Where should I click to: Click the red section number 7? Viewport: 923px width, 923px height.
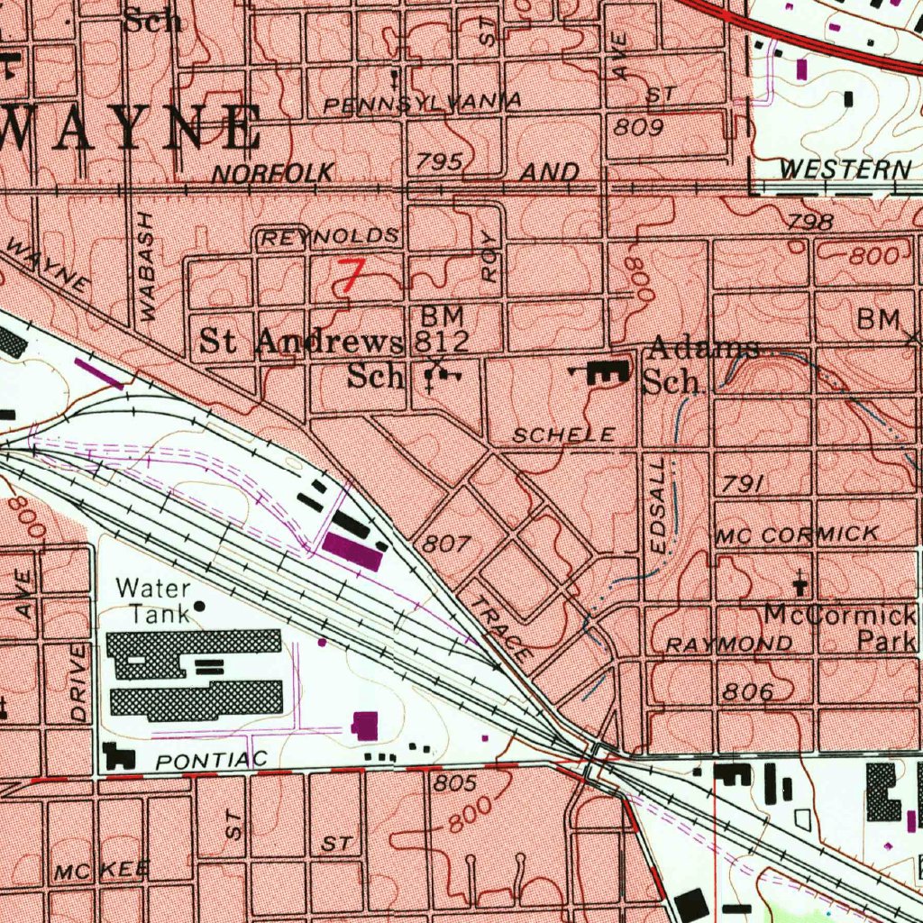click(x=350, y=276)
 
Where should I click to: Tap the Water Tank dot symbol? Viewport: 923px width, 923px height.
click(x=199, y=606)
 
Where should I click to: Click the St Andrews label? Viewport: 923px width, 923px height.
click(x=300, y=342)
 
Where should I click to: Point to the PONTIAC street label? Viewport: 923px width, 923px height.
click(x=211, y=761)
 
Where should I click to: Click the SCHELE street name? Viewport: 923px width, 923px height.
click(x=563, y=435)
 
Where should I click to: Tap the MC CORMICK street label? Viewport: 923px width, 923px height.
click(x=797, y=535)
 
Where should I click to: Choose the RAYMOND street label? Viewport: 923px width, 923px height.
click(x=730, y=644)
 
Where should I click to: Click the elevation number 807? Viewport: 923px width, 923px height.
click(x=447, y=544)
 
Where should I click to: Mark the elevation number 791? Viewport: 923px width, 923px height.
click(x=744, y=485)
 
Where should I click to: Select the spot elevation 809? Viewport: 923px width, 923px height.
click(x=639, y=128)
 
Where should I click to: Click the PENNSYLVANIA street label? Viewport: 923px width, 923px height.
click(x=422, y=104)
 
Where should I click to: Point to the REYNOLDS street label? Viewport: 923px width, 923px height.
click(x=329, y=238)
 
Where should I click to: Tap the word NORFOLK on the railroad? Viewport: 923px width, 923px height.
click(x=273, y=173)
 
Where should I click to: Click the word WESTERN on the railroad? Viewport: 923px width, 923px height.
click(x=845, y=169)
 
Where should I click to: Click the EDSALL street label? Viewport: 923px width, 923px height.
click(x=659, y=505)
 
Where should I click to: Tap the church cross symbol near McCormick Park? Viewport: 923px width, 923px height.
click(x=800, y=582)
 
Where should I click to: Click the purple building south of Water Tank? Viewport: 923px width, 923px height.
click(x=365, y=726)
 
